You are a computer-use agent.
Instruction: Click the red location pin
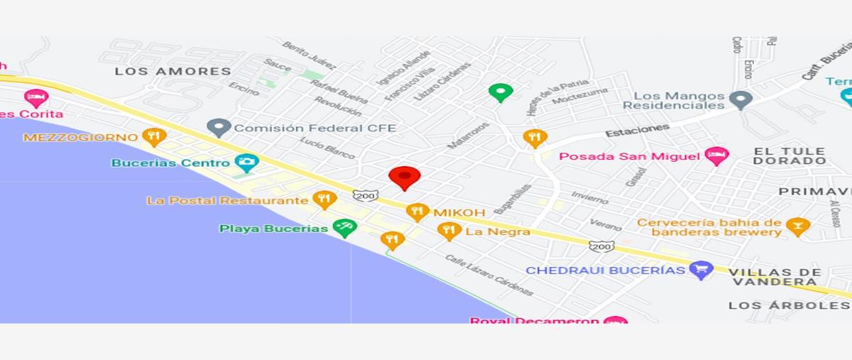[x=405, y=177]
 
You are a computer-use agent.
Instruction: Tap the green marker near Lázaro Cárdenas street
[x=501, y=92]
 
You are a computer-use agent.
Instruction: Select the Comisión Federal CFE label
[x=315, y=128]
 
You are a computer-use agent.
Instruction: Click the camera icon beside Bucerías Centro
[x=246, y=163]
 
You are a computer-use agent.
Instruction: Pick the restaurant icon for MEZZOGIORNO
[x=154, y=136]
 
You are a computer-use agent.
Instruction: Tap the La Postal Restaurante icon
[x=324, y=200]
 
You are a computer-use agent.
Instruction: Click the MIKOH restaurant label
[x=459, y=212]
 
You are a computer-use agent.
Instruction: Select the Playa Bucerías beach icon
[x=345, y=228]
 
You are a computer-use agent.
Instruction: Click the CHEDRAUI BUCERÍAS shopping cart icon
[x=701, y=269]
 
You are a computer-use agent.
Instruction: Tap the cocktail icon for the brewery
[x=798, y=227]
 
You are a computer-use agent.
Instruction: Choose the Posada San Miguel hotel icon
[x=716, y=156]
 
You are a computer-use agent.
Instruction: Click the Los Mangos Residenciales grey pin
[x=741, y=99]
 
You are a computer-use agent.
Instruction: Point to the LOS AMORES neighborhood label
[x=173, y=71]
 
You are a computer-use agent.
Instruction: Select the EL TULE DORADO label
[x=790, y=156]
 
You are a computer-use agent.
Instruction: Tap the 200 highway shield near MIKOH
[x=366, y=195]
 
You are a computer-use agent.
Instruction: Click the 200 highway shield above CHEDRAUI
[x=601, y=246]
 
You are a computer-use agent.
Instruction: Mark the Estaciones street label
[x=637, y=131]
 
